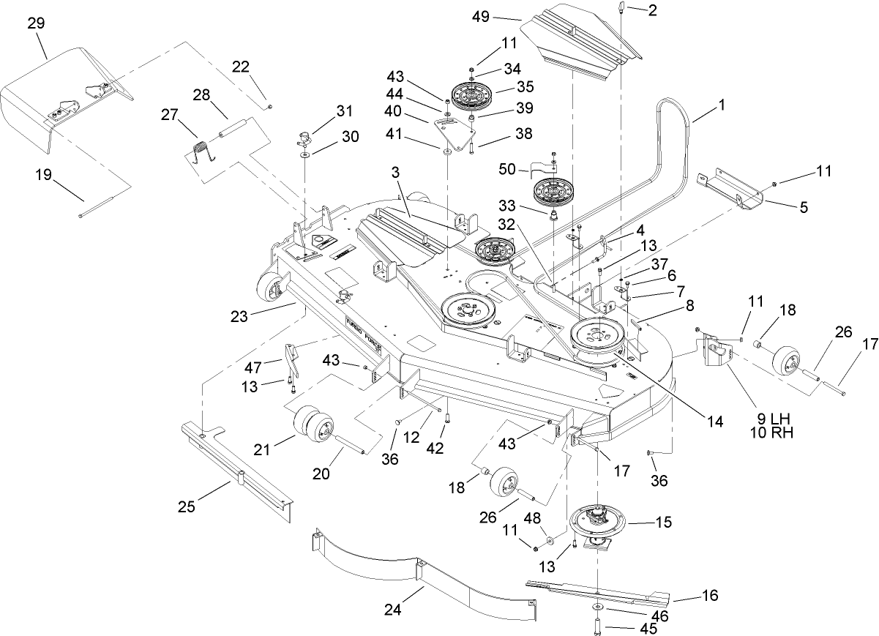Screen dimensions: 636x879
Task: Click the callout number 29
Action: tap(36, 23)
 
